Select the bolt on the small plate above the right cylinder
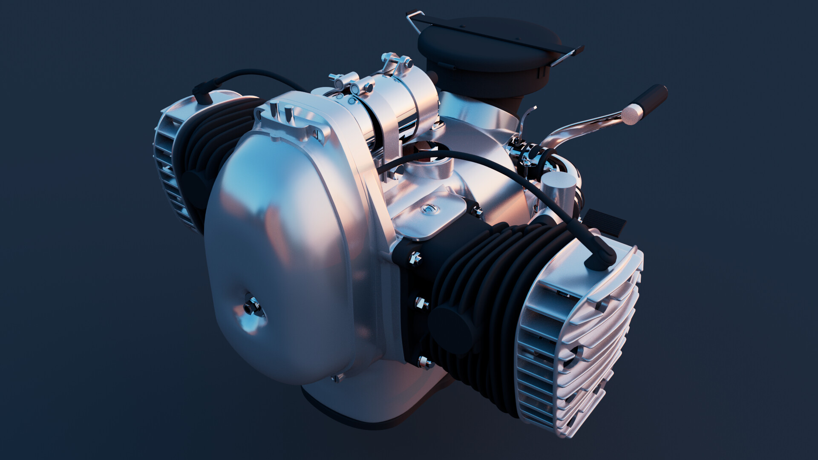pyautogui.click(x=429, y=209)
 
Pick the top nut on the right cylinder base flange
pyautogui.click(x=414, y=257)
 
